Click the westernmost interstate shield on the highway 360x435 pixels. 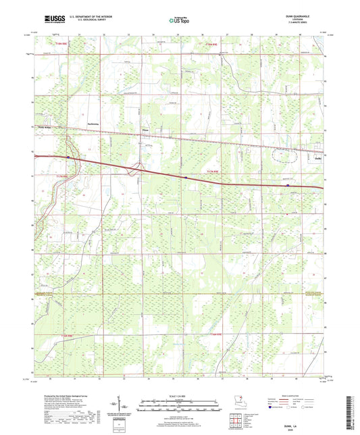pos(68,157)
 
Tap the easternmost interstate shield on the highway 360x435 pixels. pos(288,183)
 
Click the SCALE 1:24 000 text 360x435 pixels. pos(180,396)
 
